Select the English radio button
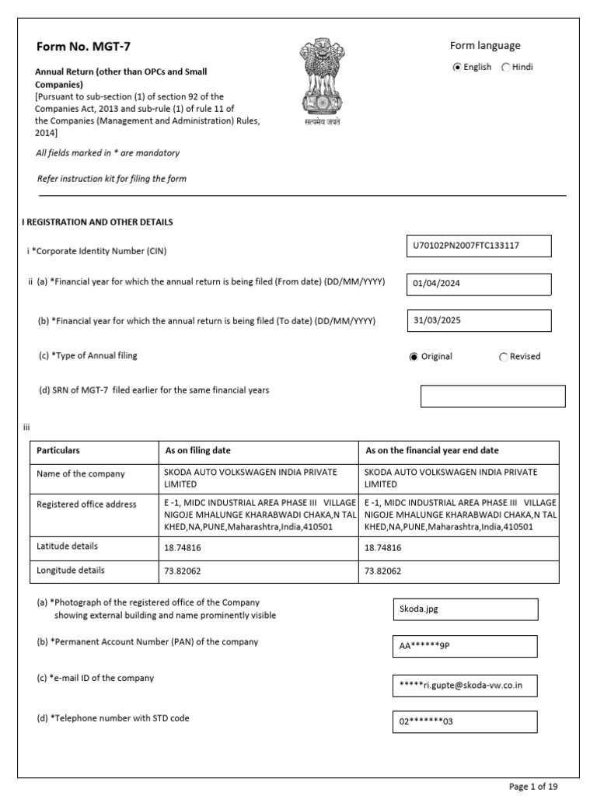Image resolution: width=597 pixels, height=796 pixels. pyautogui.click(x=457, y=68)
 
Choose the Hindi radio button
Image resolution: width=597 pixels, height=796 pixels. pyautogui.click(x=506, y=68)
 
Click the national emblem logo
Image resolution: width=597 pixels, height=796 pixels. pyautogui.click(x=321, y=80)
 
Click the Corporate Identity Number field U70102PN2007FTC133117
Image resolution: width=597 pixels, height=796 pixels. pyautogui.click(x=478, y=246)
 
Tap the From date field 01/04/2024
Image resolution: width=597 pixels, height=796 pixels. pyautogui.click(x=478, y=285)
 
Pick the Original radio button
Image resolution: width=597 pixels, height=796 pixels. pyautogui.click(x=414, y=357)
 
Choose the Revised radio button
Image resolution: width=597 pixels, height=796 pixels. pyautogui.click(x=503, y=357)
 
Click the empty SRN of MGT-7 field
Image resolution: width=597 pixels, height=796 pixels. pyautogui.click(x=492, y=396)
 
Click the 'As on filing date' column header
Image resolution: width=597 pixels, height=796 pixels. pyautogui.click(x=198, y=451)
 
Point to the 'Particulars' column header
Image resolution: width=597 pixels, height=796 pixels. pyautogui.click(x=58, y=451)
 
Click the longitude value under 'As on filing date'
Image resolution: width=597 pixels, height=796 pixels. pyautogui.click(x=183, y=571)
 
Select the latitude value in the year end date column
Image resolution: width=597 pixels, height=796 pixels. pyautogui.click(x=383, y=547)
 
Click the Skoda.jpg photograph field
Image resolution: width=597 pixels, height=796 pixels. pyautogui.click(x=465, y=609)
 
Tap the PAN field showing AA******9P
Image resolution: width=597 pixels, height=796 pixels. pyautogui.click(x=465, y=647)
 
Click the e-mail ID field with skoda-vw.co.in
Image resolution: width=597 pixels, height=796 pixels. pyautogui.click(x=465, y=686)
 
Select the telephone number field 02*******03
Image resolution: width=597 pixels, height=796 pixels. pyautogui.click(x=465, y=722)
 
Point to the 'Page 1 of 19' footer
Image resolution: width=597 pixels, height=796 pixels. pyautogui.click(x=533, y=786)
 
